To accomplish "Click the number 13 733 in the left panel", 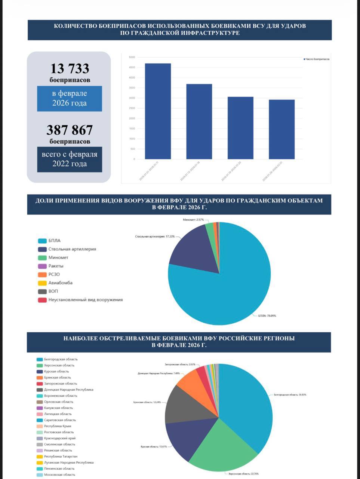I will pos(70,68).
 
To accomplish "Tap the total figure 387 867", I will pos(70,130).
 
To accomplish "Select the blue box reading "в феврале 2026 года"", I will pos(70,98).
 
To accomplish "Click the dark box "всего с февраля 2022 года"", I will pos(70,159).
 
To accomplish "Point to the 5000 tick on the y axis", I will pos(132,57).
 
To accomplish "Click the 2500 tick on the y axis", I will pos(132,108).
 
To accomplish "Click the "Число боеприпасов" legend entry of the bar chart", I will pos(317,59).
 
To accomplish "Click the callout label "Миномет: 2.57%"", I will pos(194,220).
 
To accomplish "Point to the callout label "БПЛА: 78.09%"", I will pos(267,316).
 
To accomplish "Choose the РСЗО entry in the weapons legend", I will pos(54,274).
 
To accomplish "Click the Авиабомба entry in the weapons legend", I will pos(60,283).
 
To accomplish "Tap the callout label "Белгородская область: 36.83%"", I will pos(290,395).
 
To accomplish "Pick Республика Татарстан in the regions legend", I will pos(61,457).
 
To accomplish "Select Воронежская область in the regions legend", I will pos(61,396).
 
